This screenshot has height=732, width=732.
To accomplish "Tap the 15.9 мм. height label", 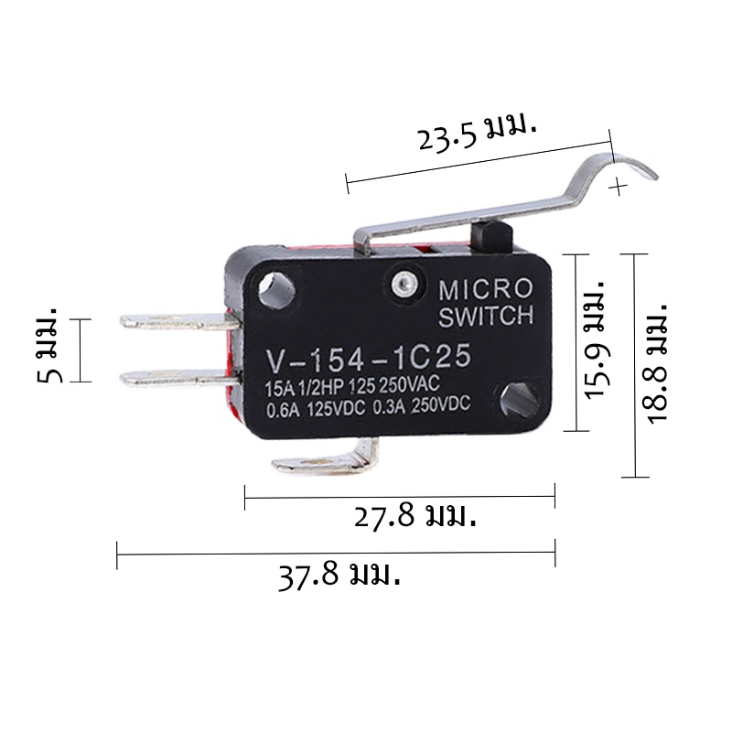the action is tap(597, 339).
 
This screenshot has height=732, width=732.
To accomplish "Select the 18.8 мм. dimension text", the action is tap(657, 363).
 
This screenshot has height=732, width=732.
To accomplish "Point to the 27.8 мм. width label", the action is tap(415, 517).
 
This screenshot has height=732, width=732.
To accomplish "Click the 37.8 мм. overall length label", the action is tap(339, 576).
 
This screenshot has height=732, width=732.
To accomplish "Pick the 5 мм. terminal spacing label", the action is tap(48, 346).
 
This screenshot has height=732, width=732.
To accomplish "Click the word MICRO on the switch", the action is tap(486, 289).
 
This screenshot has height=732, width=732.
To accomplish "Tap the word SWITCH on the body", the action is tap(486, 316).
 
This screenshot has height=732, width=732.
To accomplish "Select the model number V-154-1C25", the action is tap(369, 358).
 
